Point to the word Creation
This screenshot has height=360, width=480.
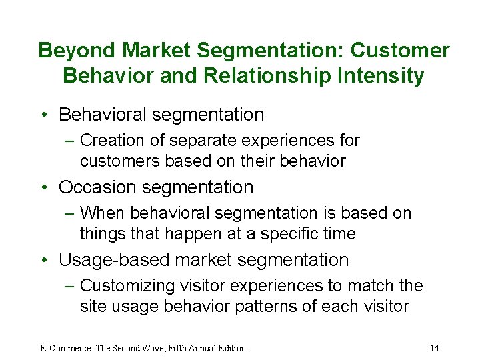click(112, 141)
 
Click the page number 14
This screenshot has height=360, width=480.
click(434, 348)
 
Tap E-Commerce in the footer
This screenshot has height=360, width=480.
click(64, 348)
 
